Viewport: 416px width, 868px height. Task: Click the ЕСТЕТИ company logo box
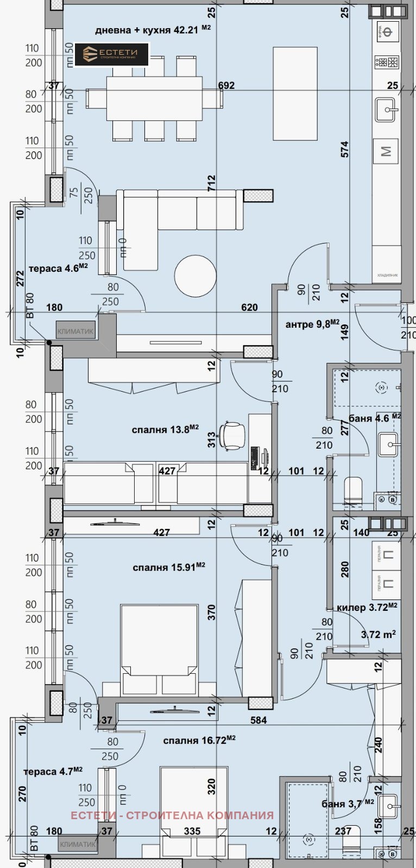pyautogui.click(x=111, y=54)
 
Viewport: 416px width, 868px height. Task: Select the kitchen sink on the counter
pyautogui.click(x=387, y=110)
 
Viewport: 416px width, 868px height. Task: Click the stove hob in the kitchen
pyautogui.click(x=387, y=62)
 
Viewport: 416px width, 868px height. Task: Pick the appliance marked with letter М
pyautogui.click(x=386, y=151)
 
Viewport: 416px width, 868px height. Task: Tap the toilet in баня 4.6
pyautogui.click(x=353, y=489)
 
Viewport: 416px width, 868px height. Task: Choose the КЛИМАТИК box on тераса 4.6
pyautogui.click(x=75, y=331)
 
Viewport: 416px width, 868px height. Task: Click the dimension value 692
pyautogui.click(x=226, y=85)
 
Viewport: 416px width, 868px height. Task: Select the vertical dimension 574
pyautogui.click(x=345, y=149)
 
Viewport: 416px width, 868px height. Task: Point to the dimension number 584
pyautogui.click(x=259, y=720)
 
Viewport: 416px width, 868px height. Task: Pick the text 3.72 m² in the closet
pyautogui.click(x=378, y=634)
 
